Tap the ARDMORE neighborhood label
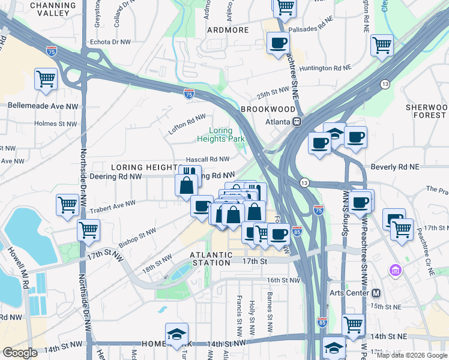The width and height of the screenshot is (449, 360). pyautogui.click(x=228, y=30)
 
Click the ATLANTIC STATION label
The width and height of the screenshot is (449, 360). pyautogui.click(x=211, y=259)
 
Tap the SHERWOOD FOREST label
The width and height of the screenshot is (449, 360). pyautogui.click(x=426, y=110)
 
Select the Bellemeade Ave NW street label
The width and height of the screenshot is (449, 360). pyautogui.click(x=43, y=106)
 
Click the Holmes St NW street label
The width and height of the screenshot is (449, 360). pyautogui.click(x=55, y=124)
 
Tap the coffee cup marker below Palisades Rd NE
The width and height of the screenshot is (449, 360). pyautogui.click(x=278, y=43)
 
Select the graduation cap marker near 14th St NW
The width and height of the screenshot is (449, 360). pyautogui.click(x=176, y=334)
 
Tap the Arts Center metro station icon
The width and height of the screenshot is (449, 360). pyautogui.click(x=376, y=293)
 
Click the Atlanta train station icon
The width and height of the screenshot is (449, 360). pyautogui.click(x=297, y=121)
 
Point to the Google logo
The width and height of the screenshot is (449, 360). pyautogui.click(x=20, y=353)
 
